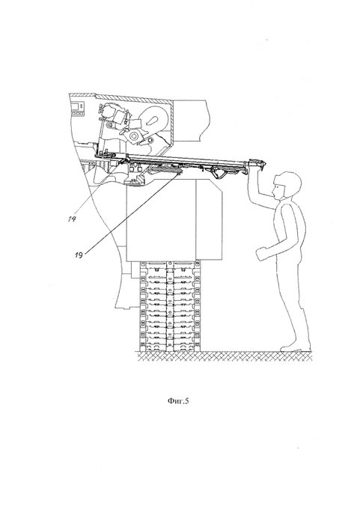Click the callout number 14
click(72, 219)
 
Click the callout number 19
click(79, 254)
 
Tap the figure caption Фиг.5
click(178, 401)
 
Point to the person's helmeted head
click(287, 185)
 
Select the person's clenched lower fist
click(262, 254)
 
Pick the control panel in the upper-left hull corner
click(78, 109)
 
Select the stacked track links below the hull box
click(170, 306)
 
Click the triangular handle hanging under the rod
click(219, 172)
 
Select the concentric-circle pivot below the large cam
click(133, 136)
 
